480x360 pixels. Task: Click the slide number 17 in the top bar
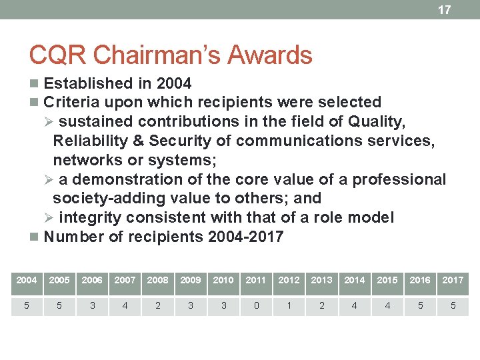444,10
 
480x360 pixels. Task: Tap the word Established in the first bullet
88,83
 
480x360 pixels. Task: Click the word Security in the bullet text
177,141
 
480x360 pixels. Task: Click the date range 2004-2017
246,237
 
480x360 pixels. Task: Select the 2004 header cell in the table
27,280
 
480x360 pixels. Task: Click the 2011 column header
256,280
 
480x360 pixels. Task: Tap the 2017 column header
453,280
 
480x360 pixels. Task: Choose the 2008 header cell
157,280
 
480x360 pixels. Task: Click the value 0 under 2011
256,306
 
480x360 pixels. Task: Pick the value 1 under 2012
289,306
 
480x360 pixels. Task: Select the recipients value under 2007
125,306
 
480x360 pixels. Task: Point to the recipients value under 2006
92,306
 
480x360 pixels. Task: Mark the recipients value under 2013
321,306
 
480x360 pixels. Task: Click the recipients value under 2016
420,306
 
